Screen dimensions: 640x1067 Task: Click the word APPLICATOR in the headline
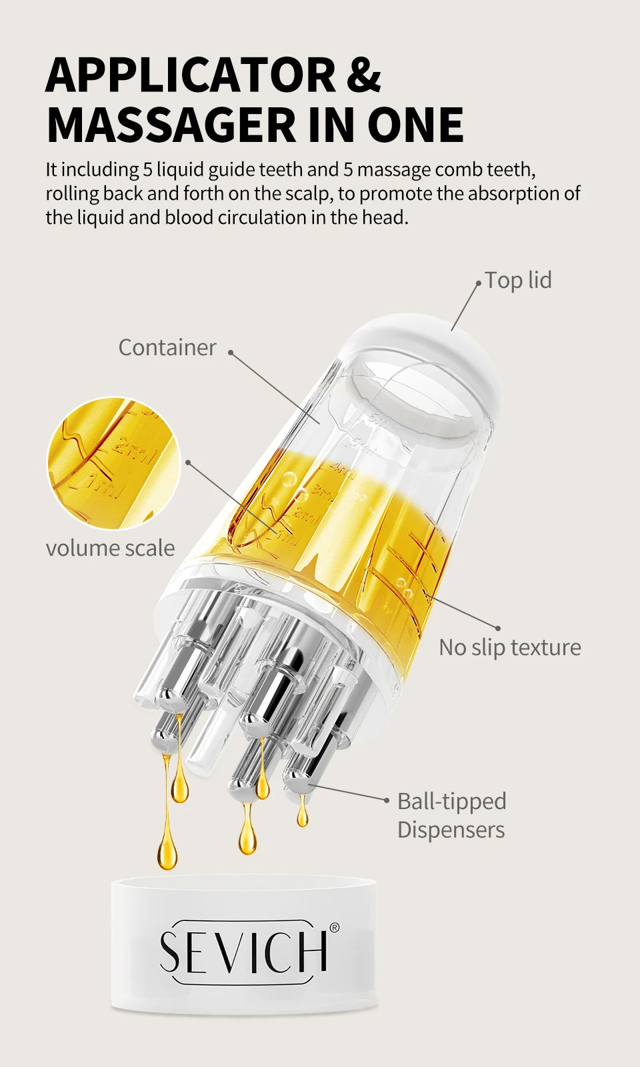point(191,75)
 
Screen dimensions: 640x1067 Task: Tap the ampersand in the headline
point(363,75)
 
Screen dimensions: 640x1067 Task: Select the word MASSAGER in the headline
point(171,125)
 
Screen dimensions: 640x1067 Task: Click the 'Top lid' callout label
point(518,280)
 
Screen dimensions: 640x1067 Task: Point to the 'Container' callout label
point(167,347)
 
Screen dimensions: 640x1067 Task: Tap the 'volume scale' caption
point(110,548)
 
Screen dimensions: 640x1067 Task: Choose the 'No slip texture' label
point(510,647)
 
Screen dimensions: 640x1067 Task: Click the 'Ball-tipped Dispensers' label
point(451,816)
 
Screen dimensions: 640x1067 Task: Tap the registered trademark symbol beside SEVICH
point(335,928)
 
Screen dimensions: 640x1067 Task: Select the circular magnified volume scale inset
point(113,463)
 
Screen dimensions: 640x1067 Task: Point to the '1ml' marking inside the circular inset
point(99,487)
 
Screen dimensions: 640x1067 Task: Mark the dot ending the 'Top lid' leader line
point(479,283)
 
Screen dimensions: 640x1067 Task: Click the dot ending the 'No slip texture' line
point(497,628)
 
